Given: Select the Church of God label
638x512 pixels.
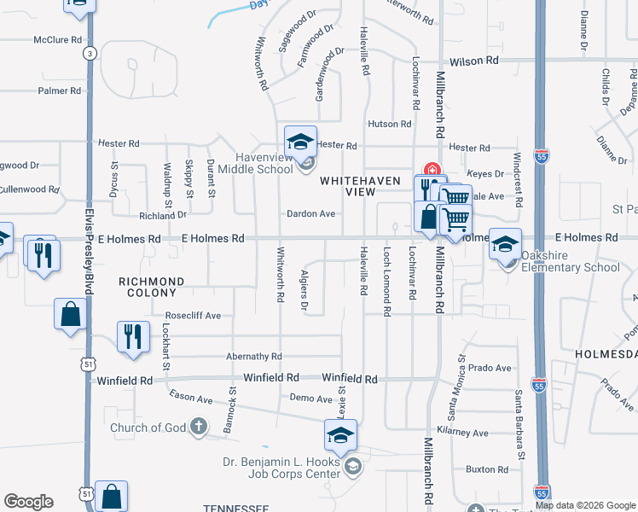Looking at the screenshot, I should coord(147,428).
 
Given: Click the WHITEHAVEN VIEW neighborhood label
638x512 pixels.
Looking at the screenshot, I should coord(347,187).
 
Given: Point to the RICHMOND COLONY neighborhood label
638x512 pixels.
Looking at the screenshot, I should coord(151,287).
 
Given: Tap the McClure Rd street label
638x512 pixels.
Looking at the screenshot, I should coord(58,40).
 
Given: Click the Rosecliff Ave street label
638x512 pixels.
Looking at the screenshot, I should coord(193,315).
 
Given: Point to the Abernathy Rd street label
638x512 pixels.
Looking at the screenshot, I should coord(253,357).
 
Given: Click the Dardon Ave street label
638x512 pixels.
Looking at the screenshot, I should coord(310,213).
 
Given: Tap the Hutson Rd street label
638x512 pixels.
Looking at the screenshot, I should coord(389,124).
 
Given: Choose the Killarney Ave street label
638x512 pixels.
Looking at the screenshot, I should coord(464,433).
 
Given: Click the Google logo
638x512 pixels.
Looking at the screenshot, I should coord(28,502).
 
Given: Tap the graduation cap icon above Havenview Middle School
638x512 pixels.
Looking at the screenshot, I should coord(300,142).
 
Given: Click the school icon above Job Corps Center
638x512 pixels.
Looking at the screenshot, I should coord(340,437).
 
